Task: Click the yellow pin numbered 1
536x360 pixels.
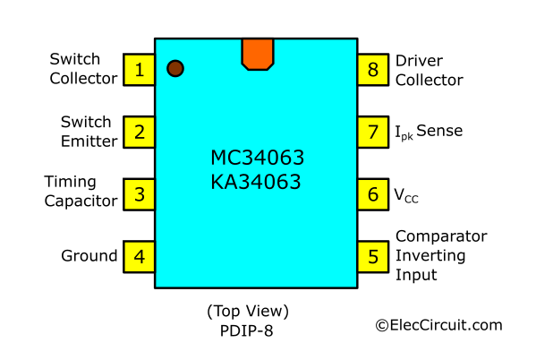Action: point(139,70)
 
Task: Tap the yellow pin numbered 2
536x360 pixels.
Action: point(139,133)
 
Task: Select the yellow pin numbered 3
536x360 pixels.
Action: point(139,194)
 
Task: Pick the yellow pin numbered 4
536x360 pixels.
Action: point(139,257)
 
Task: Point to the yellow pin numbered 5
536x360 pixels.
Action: point(373,257)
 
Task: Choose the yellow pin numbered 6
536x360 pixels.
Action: point(373,194)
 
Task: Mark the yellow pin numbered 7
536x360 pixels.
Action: point(373,133)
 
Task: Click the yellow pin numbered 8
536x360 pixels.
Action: point(373,70)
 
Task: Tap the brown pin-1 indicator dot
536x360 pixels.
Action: point(175,68)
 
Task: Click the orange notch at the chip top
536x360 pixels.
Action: point(258,54)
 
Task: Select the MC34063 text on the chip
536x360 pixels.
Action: point(258,158)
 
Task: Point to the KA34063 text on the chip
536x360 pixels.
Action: point(256,182)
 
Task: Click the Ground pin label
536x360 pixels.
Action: point(89,256)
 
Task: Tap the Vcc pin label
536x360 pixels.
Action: point(406,195)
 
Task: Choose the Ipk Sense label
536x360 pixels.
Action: point(429,132)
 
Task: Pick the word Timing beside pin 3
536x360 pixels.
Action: point(70,183)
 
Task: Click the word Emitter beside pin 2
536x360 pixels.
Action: point(89,141)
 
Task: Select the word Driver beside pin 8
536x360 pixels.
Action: point(419,61)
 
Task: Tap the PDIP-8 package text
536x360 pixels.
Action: point(246,331)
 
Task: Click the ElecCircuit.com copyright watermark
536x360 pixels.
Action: point(439,325)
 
